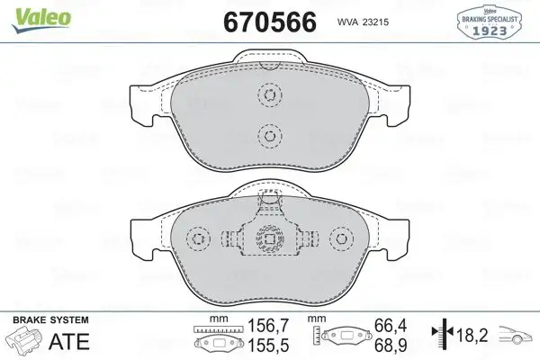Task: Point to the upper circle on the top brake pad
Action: click(x=268, y=94)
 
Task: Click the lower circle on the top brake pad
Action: click(x=268, y=136)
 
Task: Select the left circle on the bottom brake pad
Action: click(x=197, y=239)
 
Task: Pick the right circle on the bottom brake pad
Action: click(x=339, y=239)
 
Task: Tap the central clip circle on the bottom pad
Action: click(x=268, y=239)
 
